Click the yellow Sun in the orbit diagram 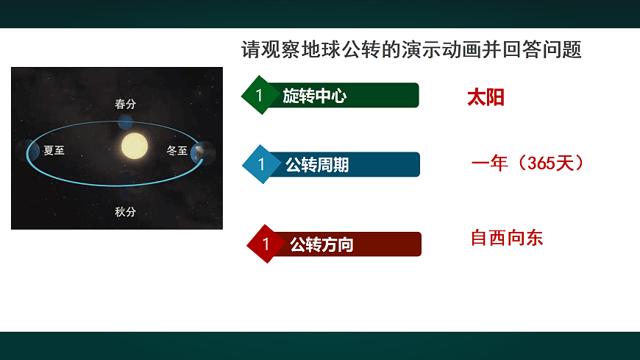[135, 147]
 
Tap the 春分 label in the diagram [125, 105]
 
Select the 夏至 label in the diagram [54, 151]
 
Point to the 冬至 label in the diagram [177, 151]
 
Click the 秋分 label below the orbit [125, 212]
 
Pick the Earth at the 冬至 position [200, 153]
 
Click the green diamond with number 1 [259, 95]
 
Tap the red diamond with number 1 [266, 244]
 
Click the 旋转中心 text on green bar [315, 96]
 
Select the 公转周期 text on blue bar [317, 165]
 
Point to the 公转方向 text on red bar [321, 244]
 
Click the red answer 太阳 [486, 98]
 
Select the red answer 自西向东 [507, 238]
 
